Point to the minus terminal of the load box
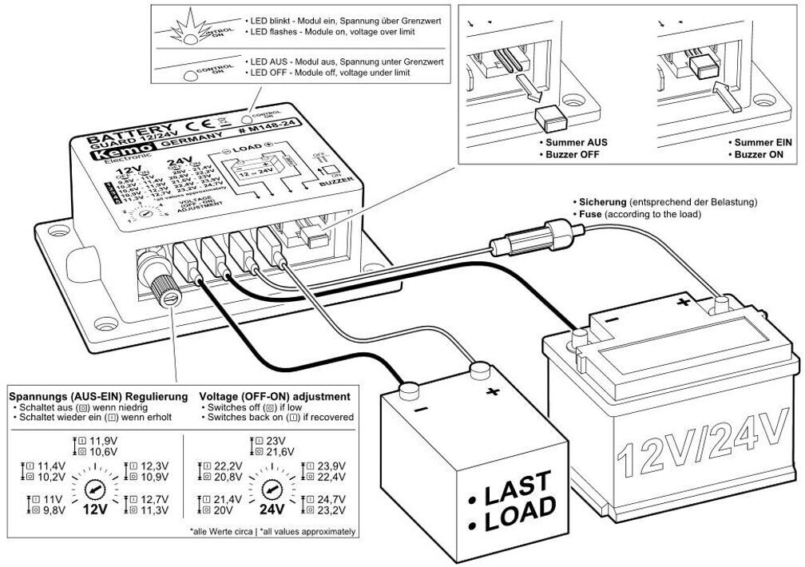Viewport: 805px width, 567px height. click(410, 390)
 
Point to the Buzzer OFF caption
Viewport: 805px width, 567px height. click(570, 155)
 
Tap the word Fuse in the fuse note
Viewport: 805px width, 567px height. click(591, 215)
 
